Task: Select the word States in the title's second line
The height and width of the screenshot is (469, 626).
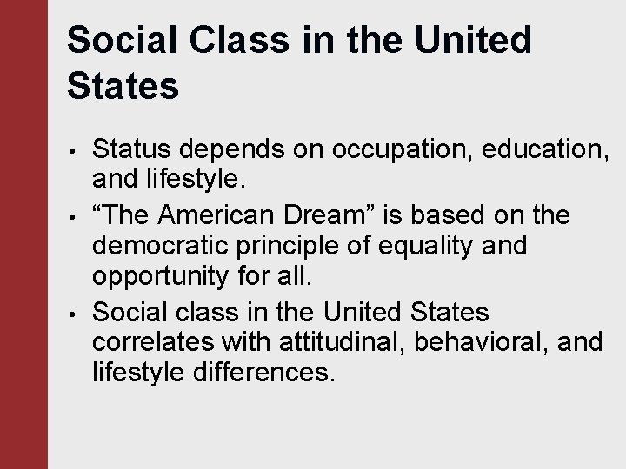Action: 123,87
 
